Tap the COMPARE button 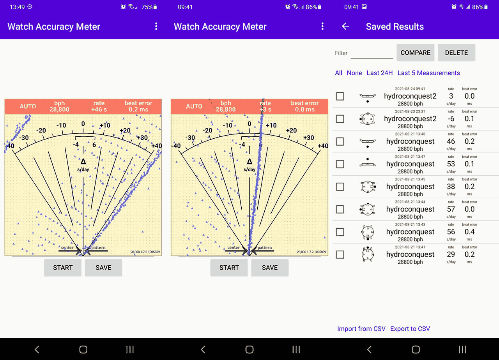(x=416, y=53)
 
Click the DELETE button (x=456, y=53)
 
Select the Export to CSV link (x=410, y=329)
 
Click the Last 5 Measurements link (x=428, y=73)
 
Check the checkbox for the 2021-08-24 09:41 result (x=340, y=96)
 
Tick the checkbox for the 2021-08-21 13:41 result (x=340, y=254)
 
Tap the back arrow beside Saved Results (x=345, y=26)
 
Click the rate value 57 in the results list (x=451, y=209)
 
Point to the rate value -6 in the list (x=451, y=119)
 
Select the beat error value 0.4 (x=469, y=232)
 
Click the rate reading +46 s (x=99, y=109)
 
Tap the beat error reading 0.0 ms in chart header (x=305, y=109)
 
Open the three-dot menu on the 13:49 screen (x=156, y=26)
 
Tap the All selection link (x=338, y=73)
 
